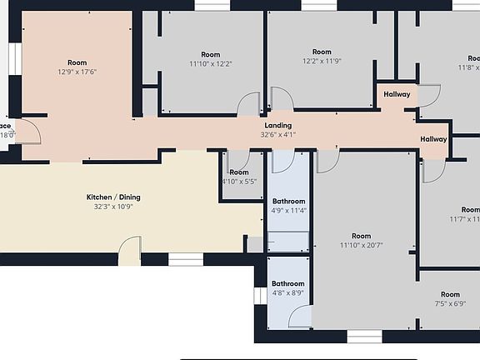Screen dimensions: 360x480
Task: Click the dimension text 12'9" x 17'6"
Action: (77, 72)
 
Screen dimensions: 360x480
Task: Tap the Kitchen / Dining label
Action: (113, 197)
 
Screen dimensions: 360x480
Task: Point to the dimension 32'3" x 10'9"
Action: (113, 207)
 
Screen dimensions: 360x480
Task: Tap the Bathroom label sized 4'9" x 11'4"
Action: (289, 202)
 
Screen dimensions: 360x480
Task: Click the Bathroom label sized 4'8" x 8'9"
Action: (288, 283)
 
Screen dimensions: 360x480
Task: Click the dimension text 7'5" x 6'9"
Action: (450, 304)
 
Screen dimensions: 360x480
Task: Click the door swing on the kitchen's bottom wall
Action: (129, 249)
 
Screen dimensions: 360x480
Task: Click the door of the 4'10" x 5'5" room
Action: (238, 160)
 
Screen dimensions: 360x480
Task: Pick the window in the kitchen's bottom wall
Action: (185, 259)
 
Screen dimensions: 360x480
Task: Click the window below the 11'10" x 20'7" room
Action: (363, 336)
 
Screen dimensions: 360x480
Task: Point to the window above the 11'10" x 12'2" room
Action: (212, 5)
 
